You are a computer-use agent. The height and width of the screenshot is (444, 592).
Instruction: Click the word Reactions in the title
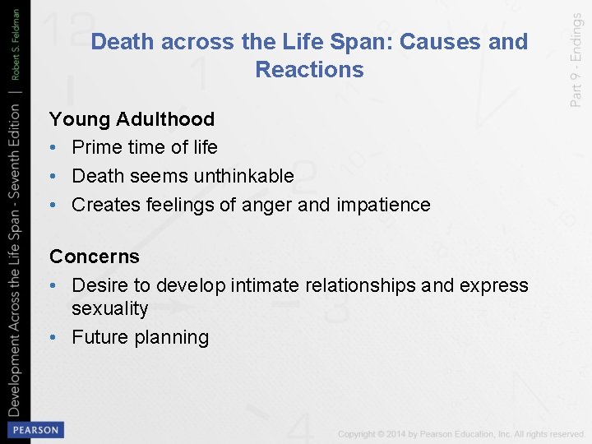[x=309, y=70]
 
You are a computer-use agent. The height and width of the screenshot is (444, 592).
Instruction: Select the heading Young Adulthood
[x=132, y=119]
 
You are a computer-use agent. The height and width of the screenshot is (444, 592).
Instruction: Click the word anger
[x=266, y=205]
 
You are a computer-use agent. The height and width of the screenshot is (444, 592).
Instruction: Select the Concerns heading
[x=95, y=257]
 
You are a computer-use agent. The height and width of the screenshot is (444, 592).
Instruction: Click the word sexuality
[x=110, y=309]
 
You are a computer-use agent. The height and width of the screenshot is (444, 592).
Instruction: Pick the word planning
[x=174, y=337]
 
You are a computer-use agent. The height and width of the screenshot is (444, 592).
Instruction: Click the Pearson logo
[x=35, y=429]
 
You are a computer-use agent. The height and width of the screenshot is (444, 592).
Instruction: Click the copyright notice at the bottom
[x=461, y=433]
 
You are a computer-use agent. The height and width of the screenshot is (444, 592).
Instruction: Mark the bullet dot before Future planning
[x=54, y=337]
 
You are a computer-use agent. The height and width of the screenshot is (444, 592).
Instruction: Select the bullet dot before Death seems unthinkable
[x=54, y=176]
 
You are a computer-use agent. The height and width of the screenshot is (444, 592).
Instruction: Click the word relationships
[x=363, y=285]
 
